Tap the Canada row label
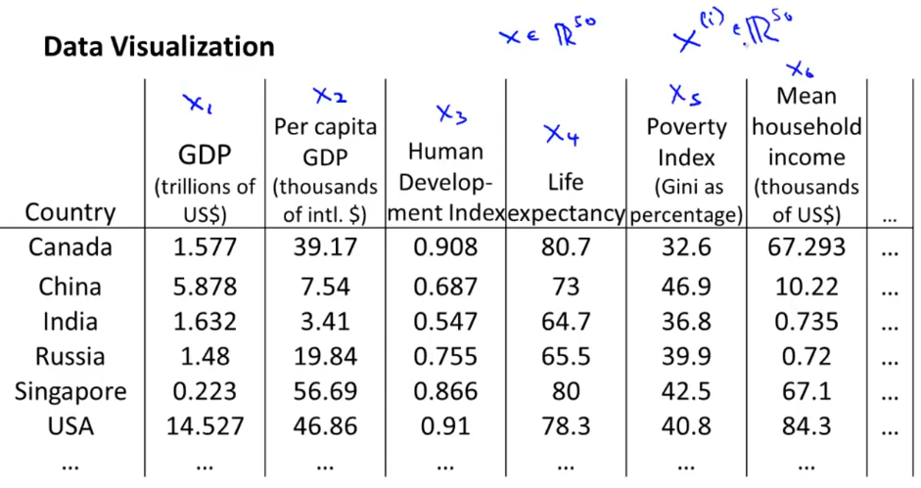coord(69,247)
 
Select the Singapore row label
coord(69,391)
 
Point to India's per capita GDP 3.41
coord(325,321)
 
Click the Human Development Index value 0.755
coord(445,356)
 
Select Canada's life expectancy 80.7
coord(565,247)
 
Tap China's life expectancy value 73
coord(565,286)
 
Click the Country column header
coord(69,212)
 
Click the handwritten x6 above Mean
coord(800,69)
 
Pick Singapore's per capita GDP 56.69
coord(325,391)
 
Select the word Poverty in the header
coord(686,127)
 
